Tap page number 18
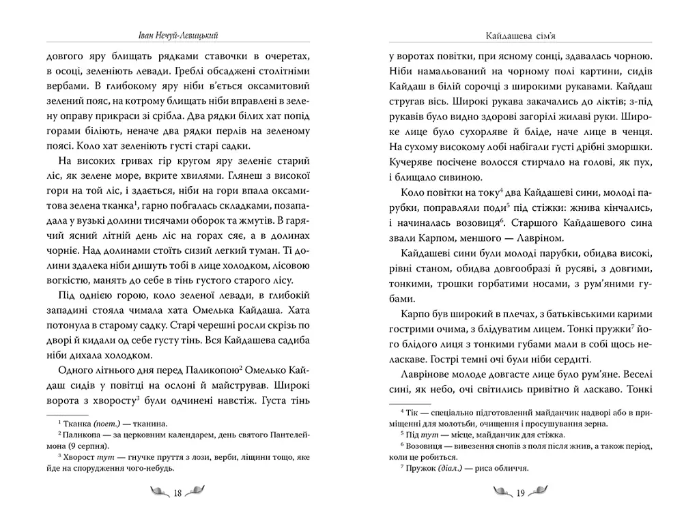click(x=177, y=493)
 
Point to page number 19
click(x=519, y=493)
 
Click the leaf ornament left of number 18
click(x=158, y=493)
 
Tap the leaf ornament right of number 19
click(x=540, y=493)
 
